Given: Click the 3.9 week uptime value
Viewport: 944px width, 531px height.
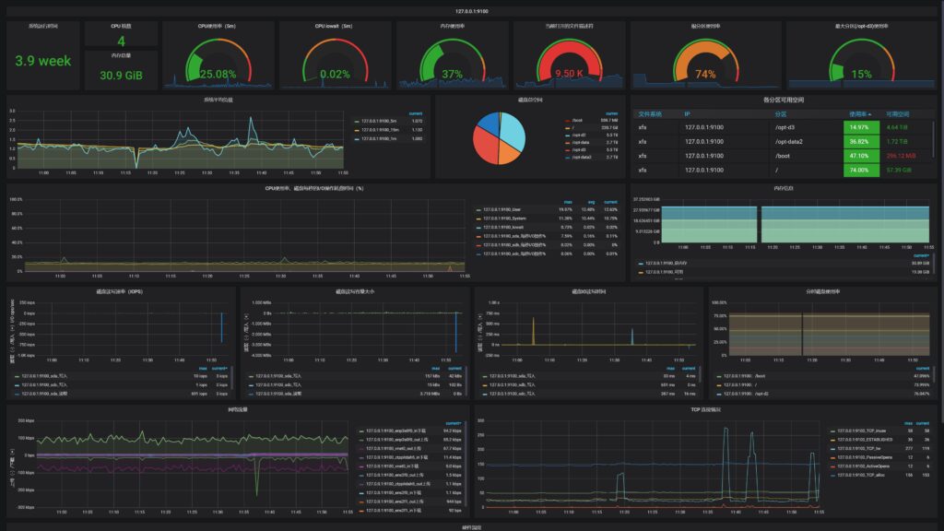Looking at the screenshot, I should tap(42, 61).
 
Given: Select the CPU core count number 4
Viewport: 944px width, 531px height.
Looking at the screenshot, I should tap(121, 41).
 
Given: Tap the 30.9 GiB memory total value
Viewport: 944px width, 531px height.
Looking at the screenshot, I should tap(121, 76).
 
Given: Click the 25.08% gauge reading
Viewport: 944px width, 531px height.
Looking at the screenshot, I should tap(218, 74).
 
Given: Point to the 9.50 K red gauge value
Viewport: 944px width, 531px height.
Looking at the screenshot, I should tap(569, 74).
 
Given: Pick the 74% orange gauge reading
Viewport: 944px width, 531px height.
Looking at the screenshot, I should tap(705, 74).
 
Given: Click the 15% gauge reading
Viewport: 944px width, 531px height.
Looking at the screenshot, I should tap(861, 74).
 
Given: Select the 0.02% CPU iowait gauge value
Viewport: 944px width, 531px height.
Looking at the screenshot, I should tap(334, 74).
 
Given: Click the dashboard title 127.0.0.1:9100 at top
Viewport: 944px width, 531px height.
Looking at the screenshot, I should tap(472, 10).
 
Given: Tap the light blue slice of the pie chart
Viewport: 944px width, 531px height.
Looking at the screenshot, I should tap(511, 131).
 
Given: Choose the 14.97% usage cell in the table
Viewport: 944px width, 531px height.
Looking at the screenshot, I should tap(859, 127).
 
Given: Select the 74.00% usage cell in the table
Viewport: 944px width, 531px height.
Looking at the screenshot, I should tap(859, 171).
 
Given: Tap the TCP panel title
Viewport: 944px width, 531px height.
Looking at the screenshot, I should tap(706, 408).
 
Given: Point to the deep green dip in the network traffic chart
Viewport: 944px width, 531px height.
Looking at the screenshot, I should tap(256, 481).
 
